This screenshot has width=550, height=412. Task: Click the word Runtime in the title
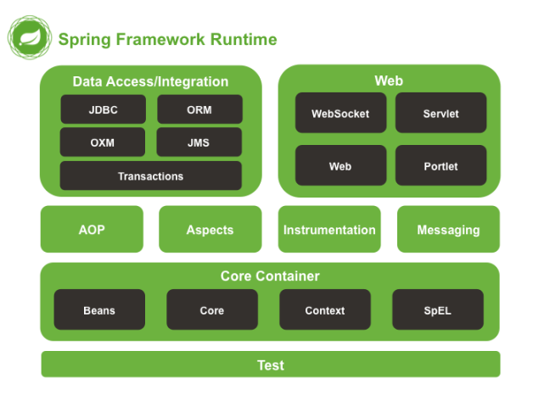(244, 40)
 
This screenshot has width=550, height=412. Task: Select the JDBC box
(103, 109)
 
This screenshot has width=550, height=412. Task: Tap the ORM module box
(199, 109)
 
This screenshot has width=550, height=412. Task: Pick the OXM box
(103, 142)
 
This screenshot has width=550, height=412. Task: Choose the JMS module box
(199, 142)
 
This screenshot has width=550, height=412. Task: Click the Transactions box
(151, 175)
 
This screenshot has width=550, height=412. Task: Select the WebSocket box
(340, 113)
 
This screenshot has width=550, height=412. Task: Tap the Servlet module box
(441, 113)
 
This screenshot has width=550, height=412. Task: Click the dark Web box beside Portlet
(340, 165)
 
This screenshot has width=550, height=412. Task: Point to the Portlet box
(441, 165)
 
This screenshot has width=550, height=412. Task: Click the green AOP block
(92, 229)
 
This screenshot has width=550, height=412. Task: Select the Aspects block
(210, 229)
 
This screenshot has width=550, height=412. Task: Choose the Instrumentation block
(329, 229)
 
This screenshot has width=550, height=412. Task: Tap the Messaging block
(448, 229)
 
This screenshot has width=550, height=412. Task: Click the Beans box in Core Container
(99, 309)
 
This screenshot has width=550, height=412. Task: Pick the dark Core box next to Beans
(212, 309)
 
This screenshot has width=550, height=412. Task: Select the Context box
(325, 309)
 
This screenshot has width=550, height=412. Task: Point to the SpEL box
(438, 309)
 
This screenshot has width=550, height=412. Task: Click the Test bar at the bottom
(271, 365)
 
